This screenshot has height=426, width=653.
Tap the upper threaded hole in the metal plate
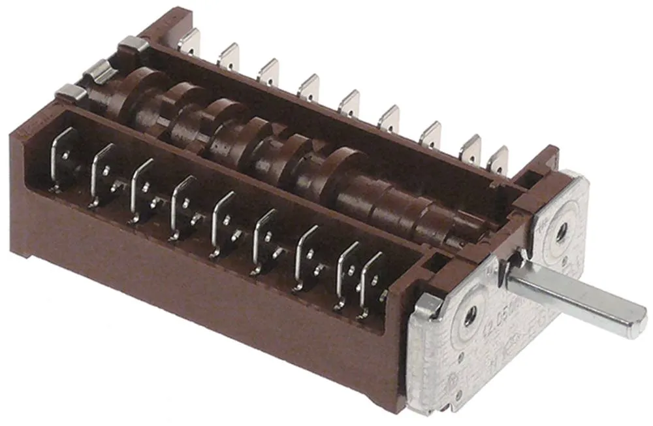coord(559,232)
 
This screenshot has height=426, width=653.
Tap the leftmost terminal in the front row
coord(63,157)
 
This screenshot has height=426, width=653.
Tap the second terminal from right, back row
coord(470,150)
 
